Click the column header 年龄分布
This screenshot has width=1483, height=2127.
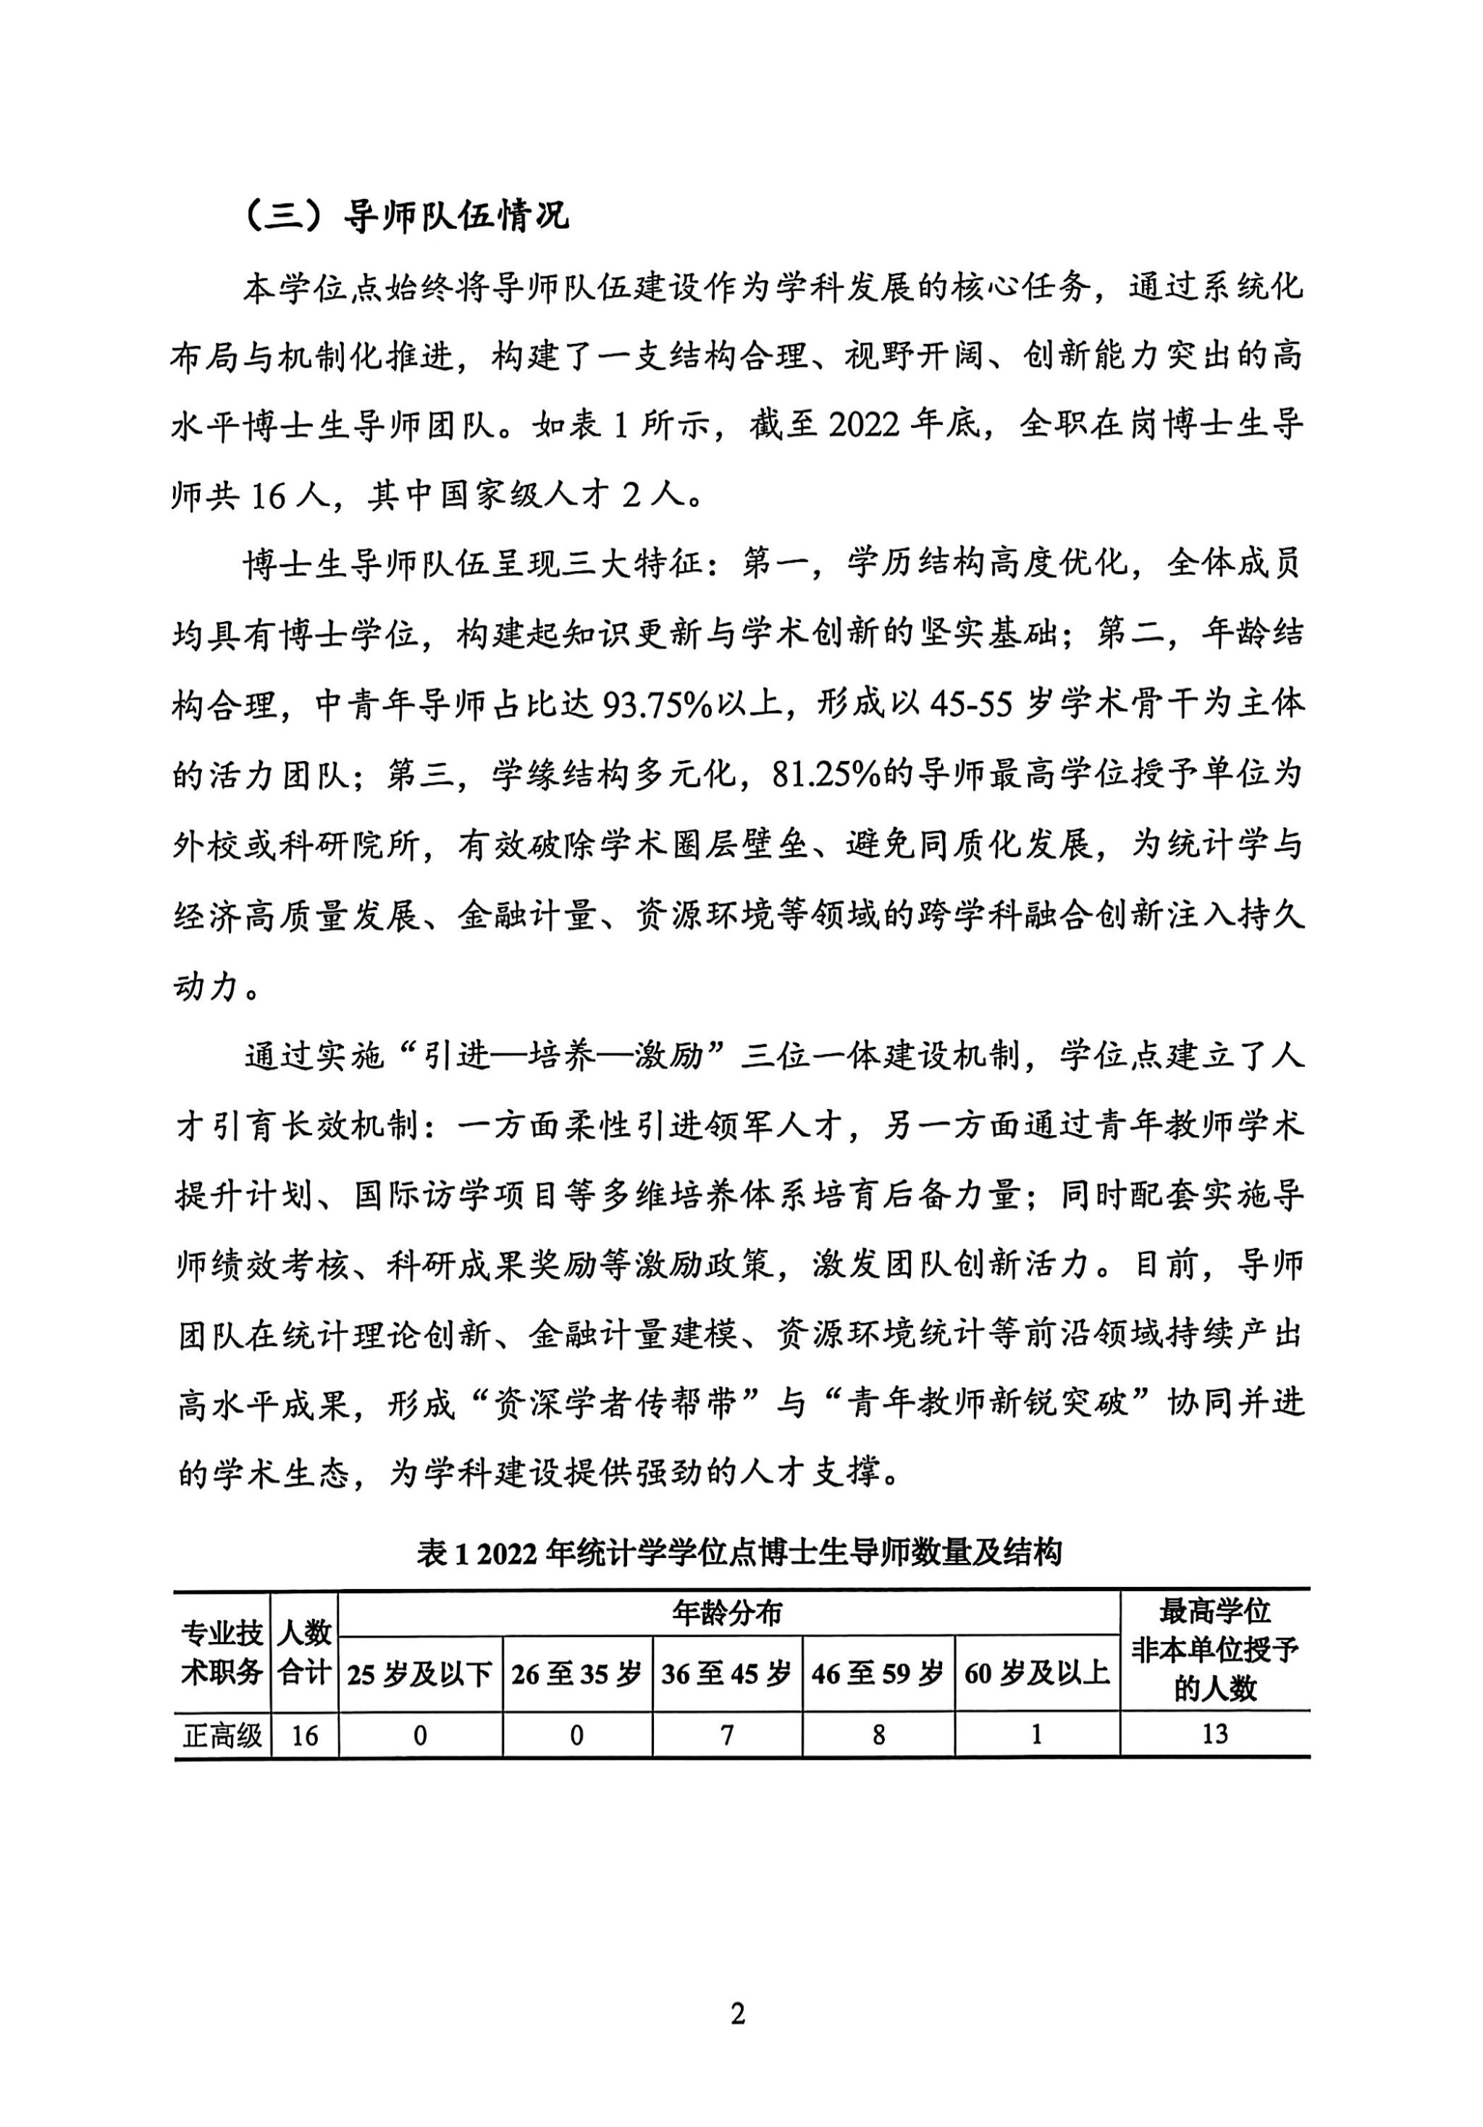coord(728,1613)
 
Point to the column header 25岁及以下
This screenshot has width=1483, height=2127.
coord(420,1673)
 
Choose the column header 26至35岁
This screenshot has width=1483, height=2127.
coord(576,1673)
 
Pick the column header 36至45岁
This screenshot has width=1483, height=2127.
coord(727,1673)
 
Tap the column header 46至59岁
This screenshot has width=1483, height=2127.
coord(878,1673)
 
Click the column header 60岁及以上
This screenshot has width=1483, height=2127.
coord(1036,1673)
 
